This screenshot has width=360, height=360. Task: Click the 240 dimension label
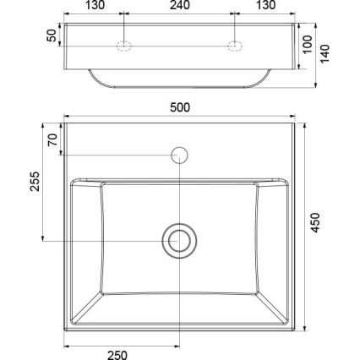click(x=179, y=6)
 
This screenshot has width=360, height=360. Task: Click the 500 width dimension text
click(x=179, y=107)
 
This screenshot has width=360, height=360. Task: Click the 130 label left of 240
click(x=95, y=6)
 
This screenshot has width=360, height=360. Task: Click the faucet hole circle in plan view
click(x=179, y=155)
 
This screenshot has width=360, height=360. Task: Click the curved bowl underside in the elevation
click(x=179, y=85)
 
